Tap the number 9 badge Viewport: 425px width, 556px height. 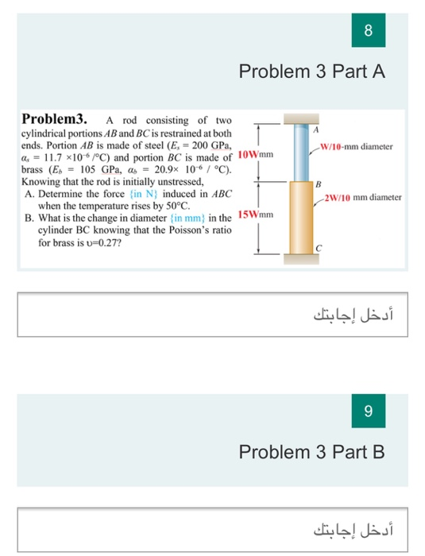[x=368, y=411]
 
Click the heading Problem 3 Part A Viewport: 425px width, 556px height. [x=312, y=72]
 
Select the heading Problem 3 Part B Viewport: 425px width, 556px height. [x=312, y=452]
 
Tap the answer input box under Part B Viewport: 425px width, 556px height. [x=212, y=525]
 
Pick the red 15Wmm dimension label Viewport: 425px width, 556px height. [x=256, y=214]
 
